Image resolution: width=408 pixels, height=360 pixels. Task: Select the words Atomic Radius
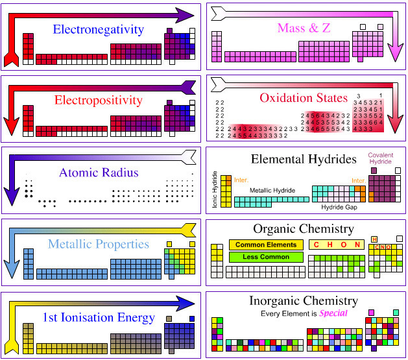pos(98,173)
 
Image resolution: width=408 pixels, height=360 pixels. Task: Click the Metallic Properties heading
pos(98,244)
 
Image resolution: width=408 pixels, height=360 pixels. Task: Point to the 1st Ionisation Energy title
pos(98,317)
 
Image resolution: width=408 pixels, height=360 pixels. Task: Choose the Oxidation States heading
pos(303,98)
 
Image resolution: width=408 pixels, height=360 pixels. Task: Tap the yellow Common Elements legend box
pos(266,245)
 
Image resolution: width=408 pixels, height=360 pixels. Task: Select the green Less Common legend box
pos(266,258)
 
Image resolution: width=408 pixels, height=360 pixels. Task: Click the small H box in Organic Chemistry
pos(374,239)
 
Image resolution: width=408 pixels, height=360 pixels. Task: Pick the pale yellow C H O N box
pos(335,245)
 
